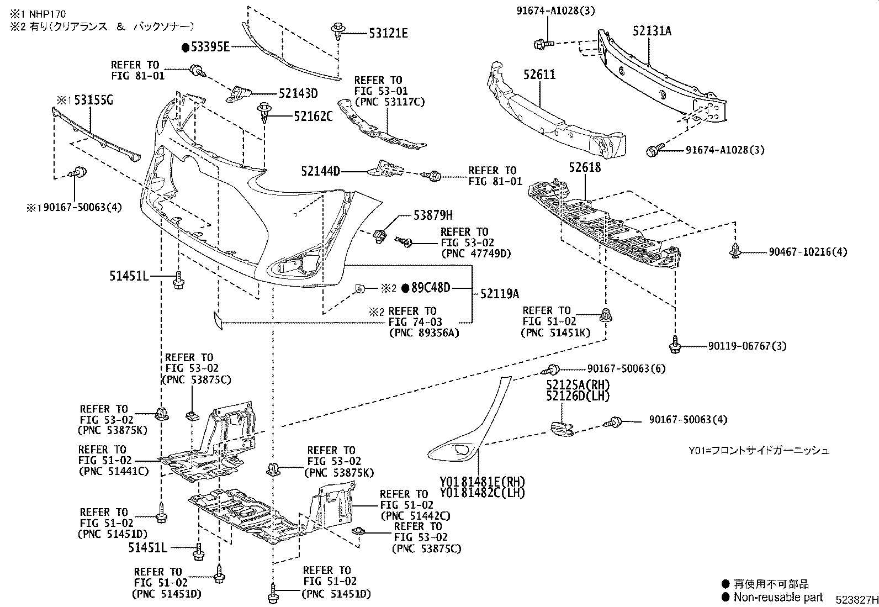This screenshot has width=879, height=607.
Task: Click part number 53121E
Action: [x=389, y=34]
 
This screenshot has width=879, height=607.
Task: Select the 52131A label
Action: [x=652, y=31]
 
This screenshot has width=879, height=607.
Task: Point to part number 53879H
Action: [x=433, y=215]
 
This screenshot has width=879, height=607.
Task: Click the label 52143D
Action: [x=298, y=94]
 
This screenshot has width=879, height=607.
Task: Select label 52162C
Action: [x=313, y=117]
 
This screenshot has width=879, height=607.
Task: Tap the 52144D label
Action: [x=321, y=172]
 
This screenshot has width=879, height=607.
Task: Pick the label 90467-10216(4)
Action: [x=807, y=252]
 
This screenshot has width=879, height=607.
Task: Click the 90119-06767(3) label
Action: [x=748, y=346]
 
